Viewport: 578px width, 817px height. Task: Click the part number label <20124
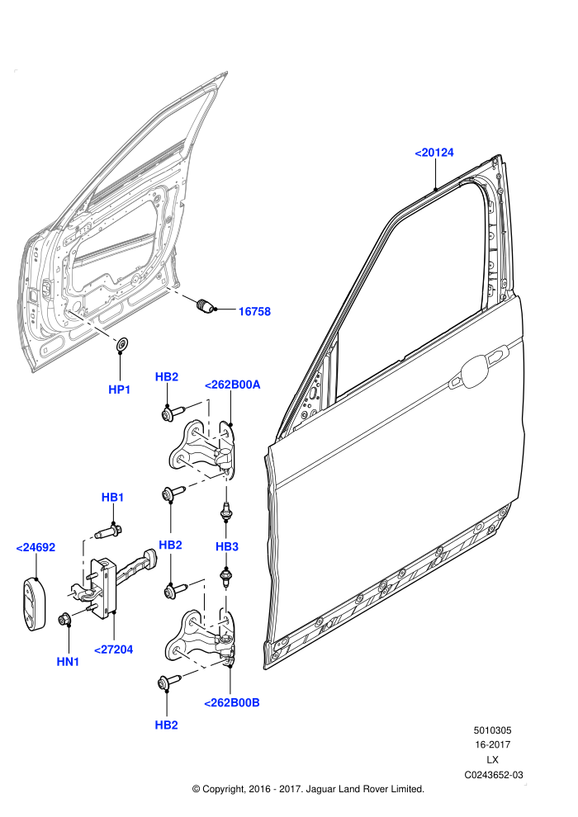click(x=434, y=153)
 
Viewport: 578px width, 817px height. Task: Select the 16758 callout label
click(x=254, y=312)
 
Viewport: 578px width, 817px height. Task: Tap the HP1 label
click(x=120, y=390)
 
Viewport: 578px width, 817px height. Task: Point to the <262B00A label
click(x=233, y=385)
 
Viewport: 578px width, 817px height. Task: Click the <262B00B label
click(x=231, y=703)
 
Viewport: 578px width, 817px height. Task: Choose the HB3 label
click(x=227, y=546)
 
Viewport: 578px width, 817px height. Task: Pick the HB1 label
click(x=112, y=498)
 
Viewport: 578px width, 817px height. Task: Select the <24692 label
click(x=36, y=548)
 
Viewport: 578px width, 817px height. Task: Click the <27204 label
click(x=114, y=649)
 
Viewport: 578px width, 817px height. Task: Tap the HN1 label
click(x=68, y=662)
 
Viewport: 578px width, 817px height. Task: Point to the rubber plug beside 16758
click(x=205, y=306)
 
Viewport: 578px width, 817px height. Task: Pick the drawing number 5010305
click(x=492, y=730)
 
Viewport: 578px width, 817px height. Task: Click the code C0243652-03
click(x=494, y=775)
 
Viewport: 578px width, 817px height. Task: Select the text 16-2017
click(x=492, y=745)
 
